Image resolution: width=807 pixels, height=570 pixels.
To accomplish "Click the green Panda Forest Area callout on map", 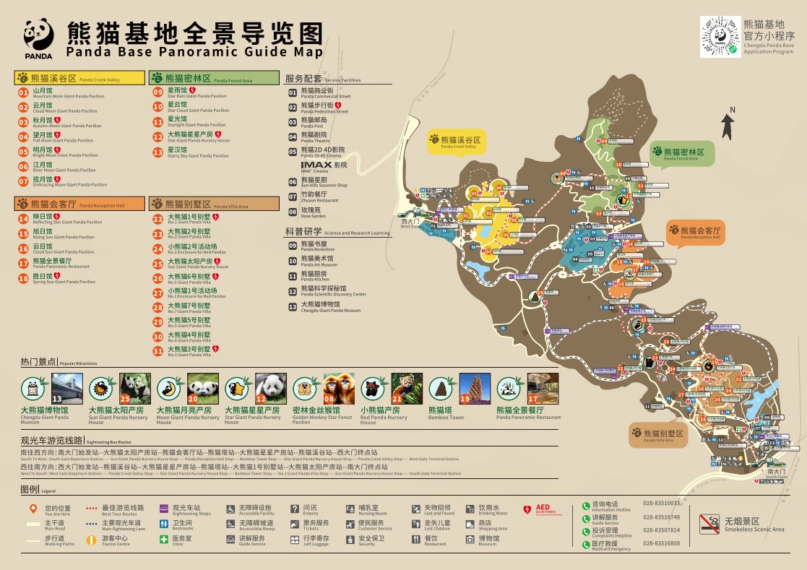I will click(681, 152).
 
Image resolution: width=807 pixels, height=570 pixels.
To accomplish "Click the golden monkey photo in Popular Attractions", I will click(339, 388).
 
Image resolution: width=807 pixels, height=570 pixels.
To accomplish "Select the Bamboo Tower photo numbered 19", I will click(475, 388).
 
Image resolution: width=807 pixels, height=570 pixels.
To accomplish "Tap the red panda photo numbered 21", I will click(407, 388).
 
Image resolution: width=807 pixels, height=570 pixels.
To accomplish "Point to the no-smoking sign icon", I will click(710, 522).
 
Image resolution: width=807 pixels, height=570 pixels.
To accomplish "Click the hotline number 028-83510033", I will click(662, 503).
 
